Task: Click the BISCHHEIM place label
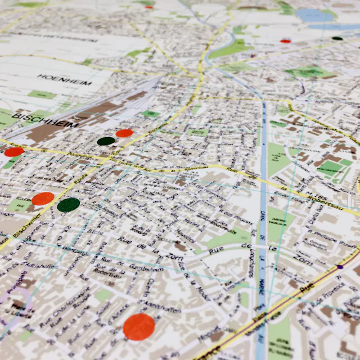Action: tap(44, 118)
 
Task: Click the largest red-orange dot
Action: tap(138, 326)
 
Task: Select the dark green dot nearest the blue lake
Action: tap(337, 38)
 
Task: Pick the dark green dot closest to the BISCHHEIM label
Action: tap(106, 141)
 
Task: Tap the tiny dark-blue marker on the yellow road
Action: tap(340, 267)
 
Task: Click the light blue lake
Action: tap(315, 15)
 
